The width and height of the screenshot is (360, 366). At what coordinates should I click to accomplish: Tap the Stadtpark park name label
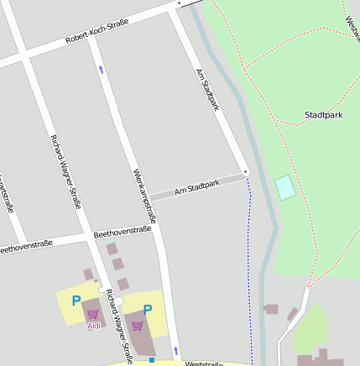point(323,114)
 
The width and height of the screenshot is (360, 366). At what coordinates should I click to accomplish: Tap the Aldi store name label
point(93,326)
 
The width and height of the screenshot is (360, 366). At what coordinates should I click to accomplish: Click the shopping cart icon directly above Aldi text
point(92,315)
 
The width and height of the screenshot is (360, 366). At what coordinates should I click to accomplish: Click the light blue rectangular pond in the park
point(285,187)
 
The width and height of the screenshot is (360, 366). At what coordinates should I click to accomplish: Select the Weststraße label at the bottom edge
point(204,363)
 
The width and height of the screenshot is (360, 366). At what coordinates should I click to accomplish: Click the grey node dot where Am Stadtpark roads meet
point(246,172)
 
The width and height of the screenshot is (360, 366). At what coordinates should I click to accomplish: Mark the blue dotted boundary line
point(250,269)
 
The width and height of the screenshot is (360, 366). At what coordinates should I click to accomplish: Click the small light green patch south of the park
point(310,330)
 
